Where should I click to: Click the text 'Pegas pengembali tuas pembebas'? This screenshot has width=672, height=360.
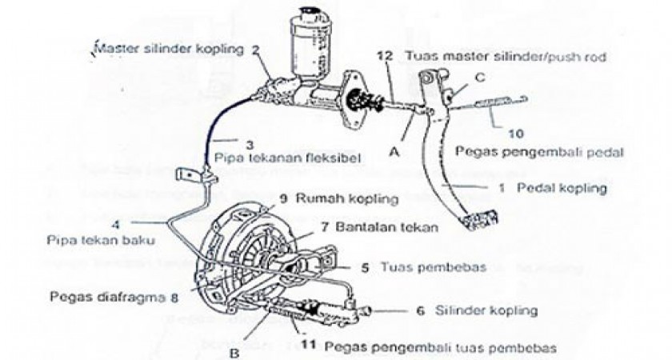[x=441, y=348]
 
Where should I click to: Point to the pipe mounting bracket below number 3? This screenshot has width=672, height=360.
[x=191, y=173]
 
